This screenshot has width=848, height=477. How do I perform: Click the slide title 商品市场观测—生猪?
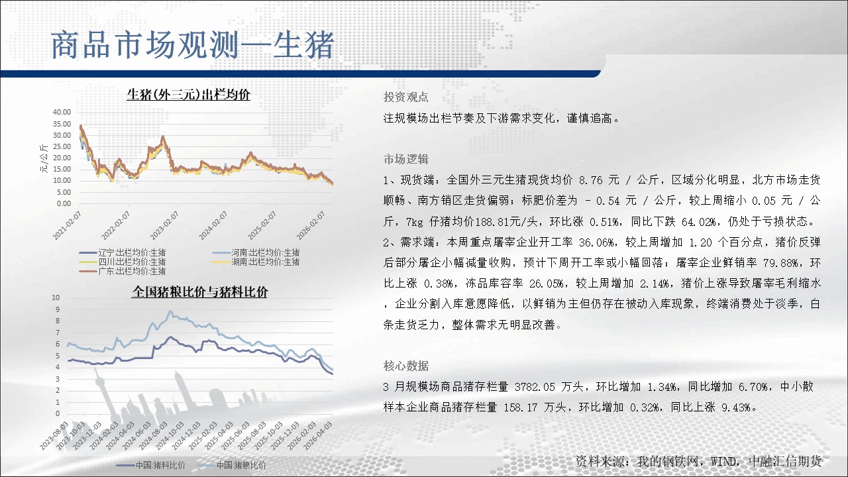192,46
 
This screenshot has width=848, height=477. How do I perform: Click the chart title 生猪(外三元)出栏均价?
189,94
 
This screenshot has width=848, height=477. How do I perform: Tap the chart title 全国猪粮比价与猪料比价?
199,291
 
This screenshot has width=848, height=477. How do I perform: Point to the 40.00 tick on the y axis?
62,112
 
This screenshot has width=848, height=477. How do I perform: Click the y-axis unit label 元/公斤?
44,158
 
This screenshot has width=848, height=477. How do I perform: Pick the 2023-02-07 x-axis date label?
164,226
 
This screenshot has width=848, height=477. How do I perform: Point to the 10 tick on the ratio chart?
56,297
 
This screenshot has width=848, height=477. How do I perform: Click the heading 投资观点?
406,97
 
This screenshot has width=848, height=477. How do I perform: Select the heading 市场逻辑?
406,160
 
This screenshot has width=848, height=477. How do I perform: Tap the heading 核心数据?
406,366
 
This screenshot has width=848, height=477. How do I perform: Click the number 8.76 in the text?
590,180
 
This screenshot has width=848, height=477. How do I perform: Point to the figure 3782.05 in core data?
535,387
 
